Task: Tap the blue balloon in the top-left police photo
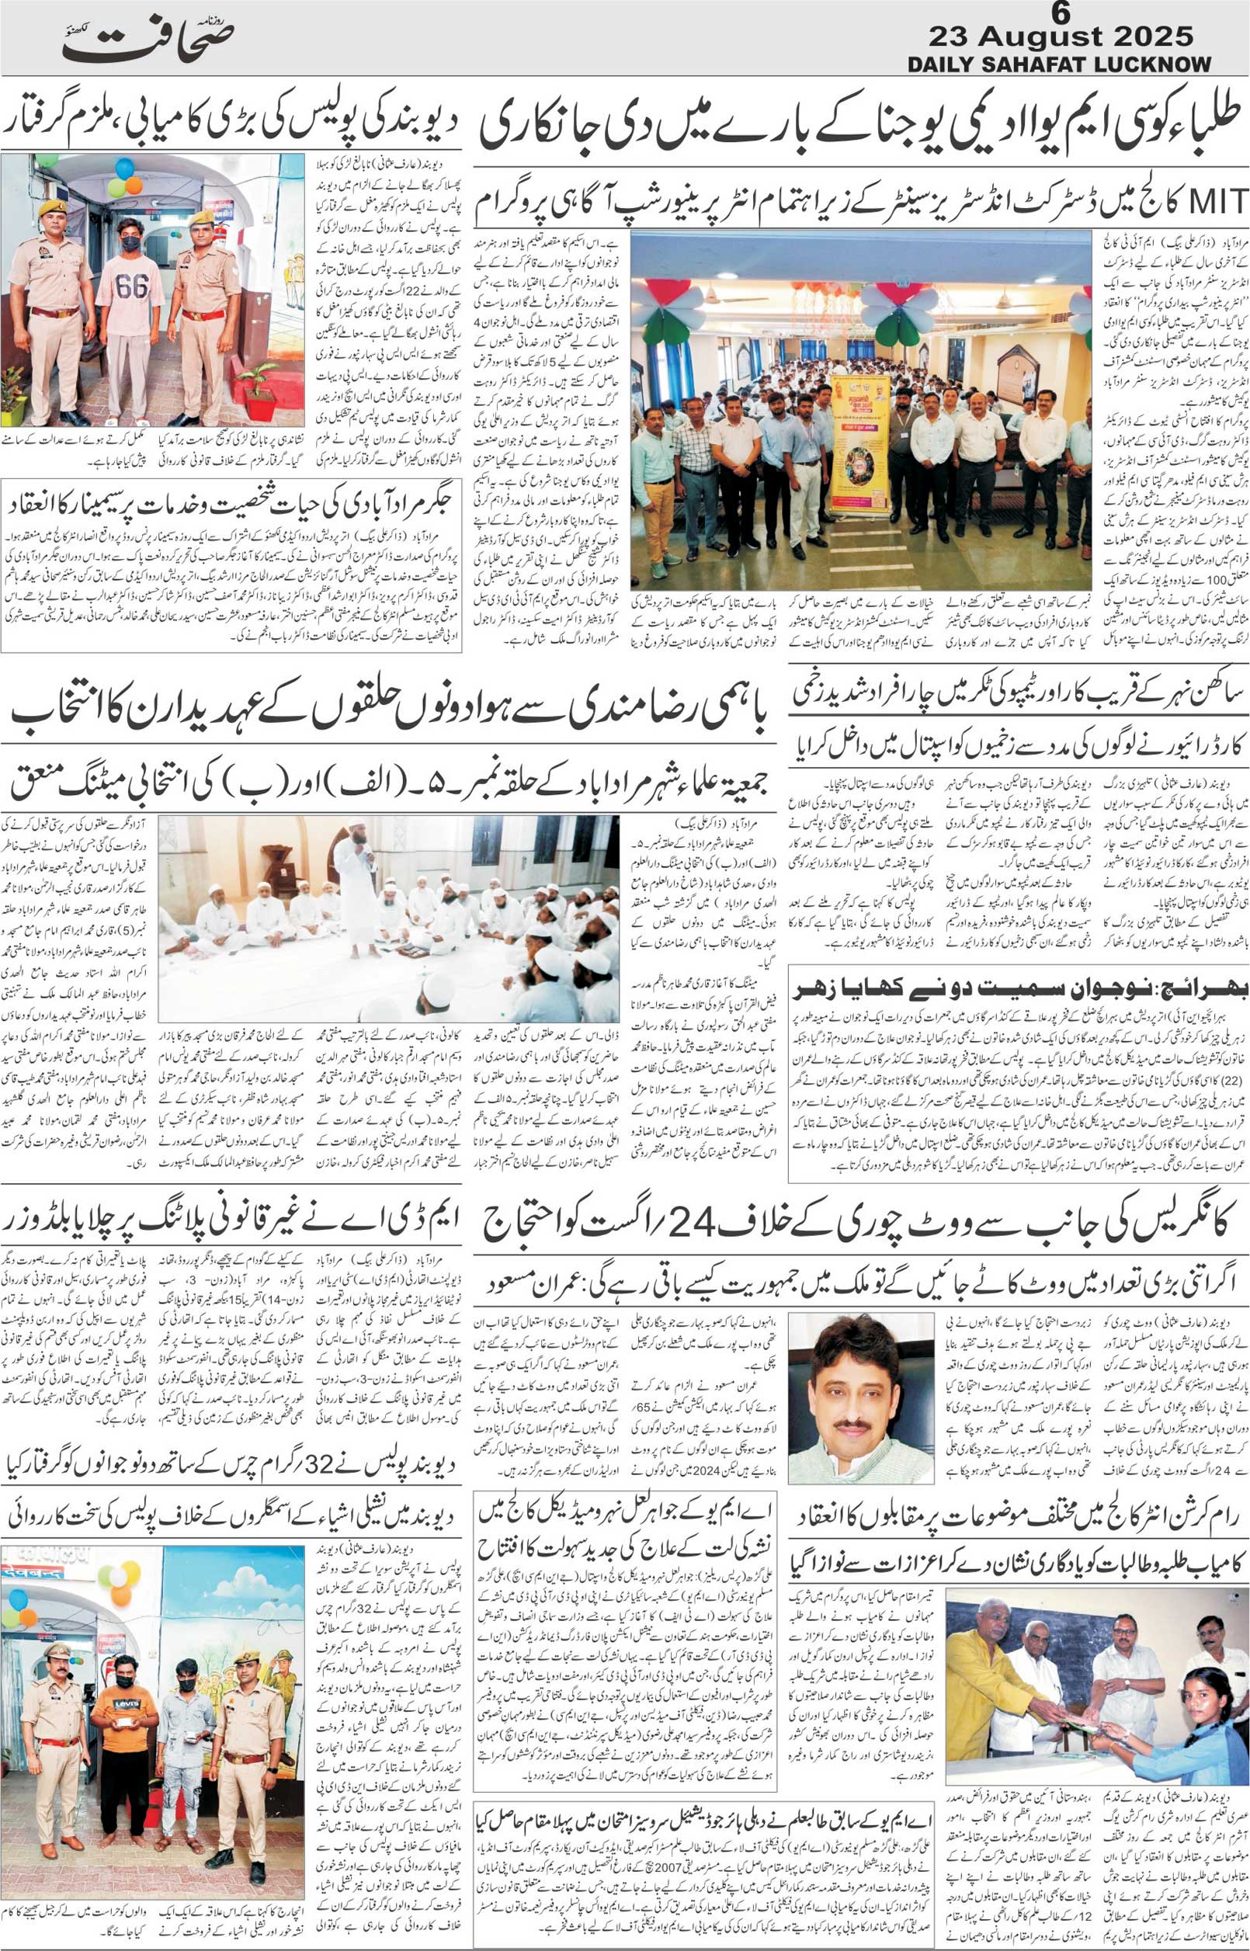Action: click(123, 168)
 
